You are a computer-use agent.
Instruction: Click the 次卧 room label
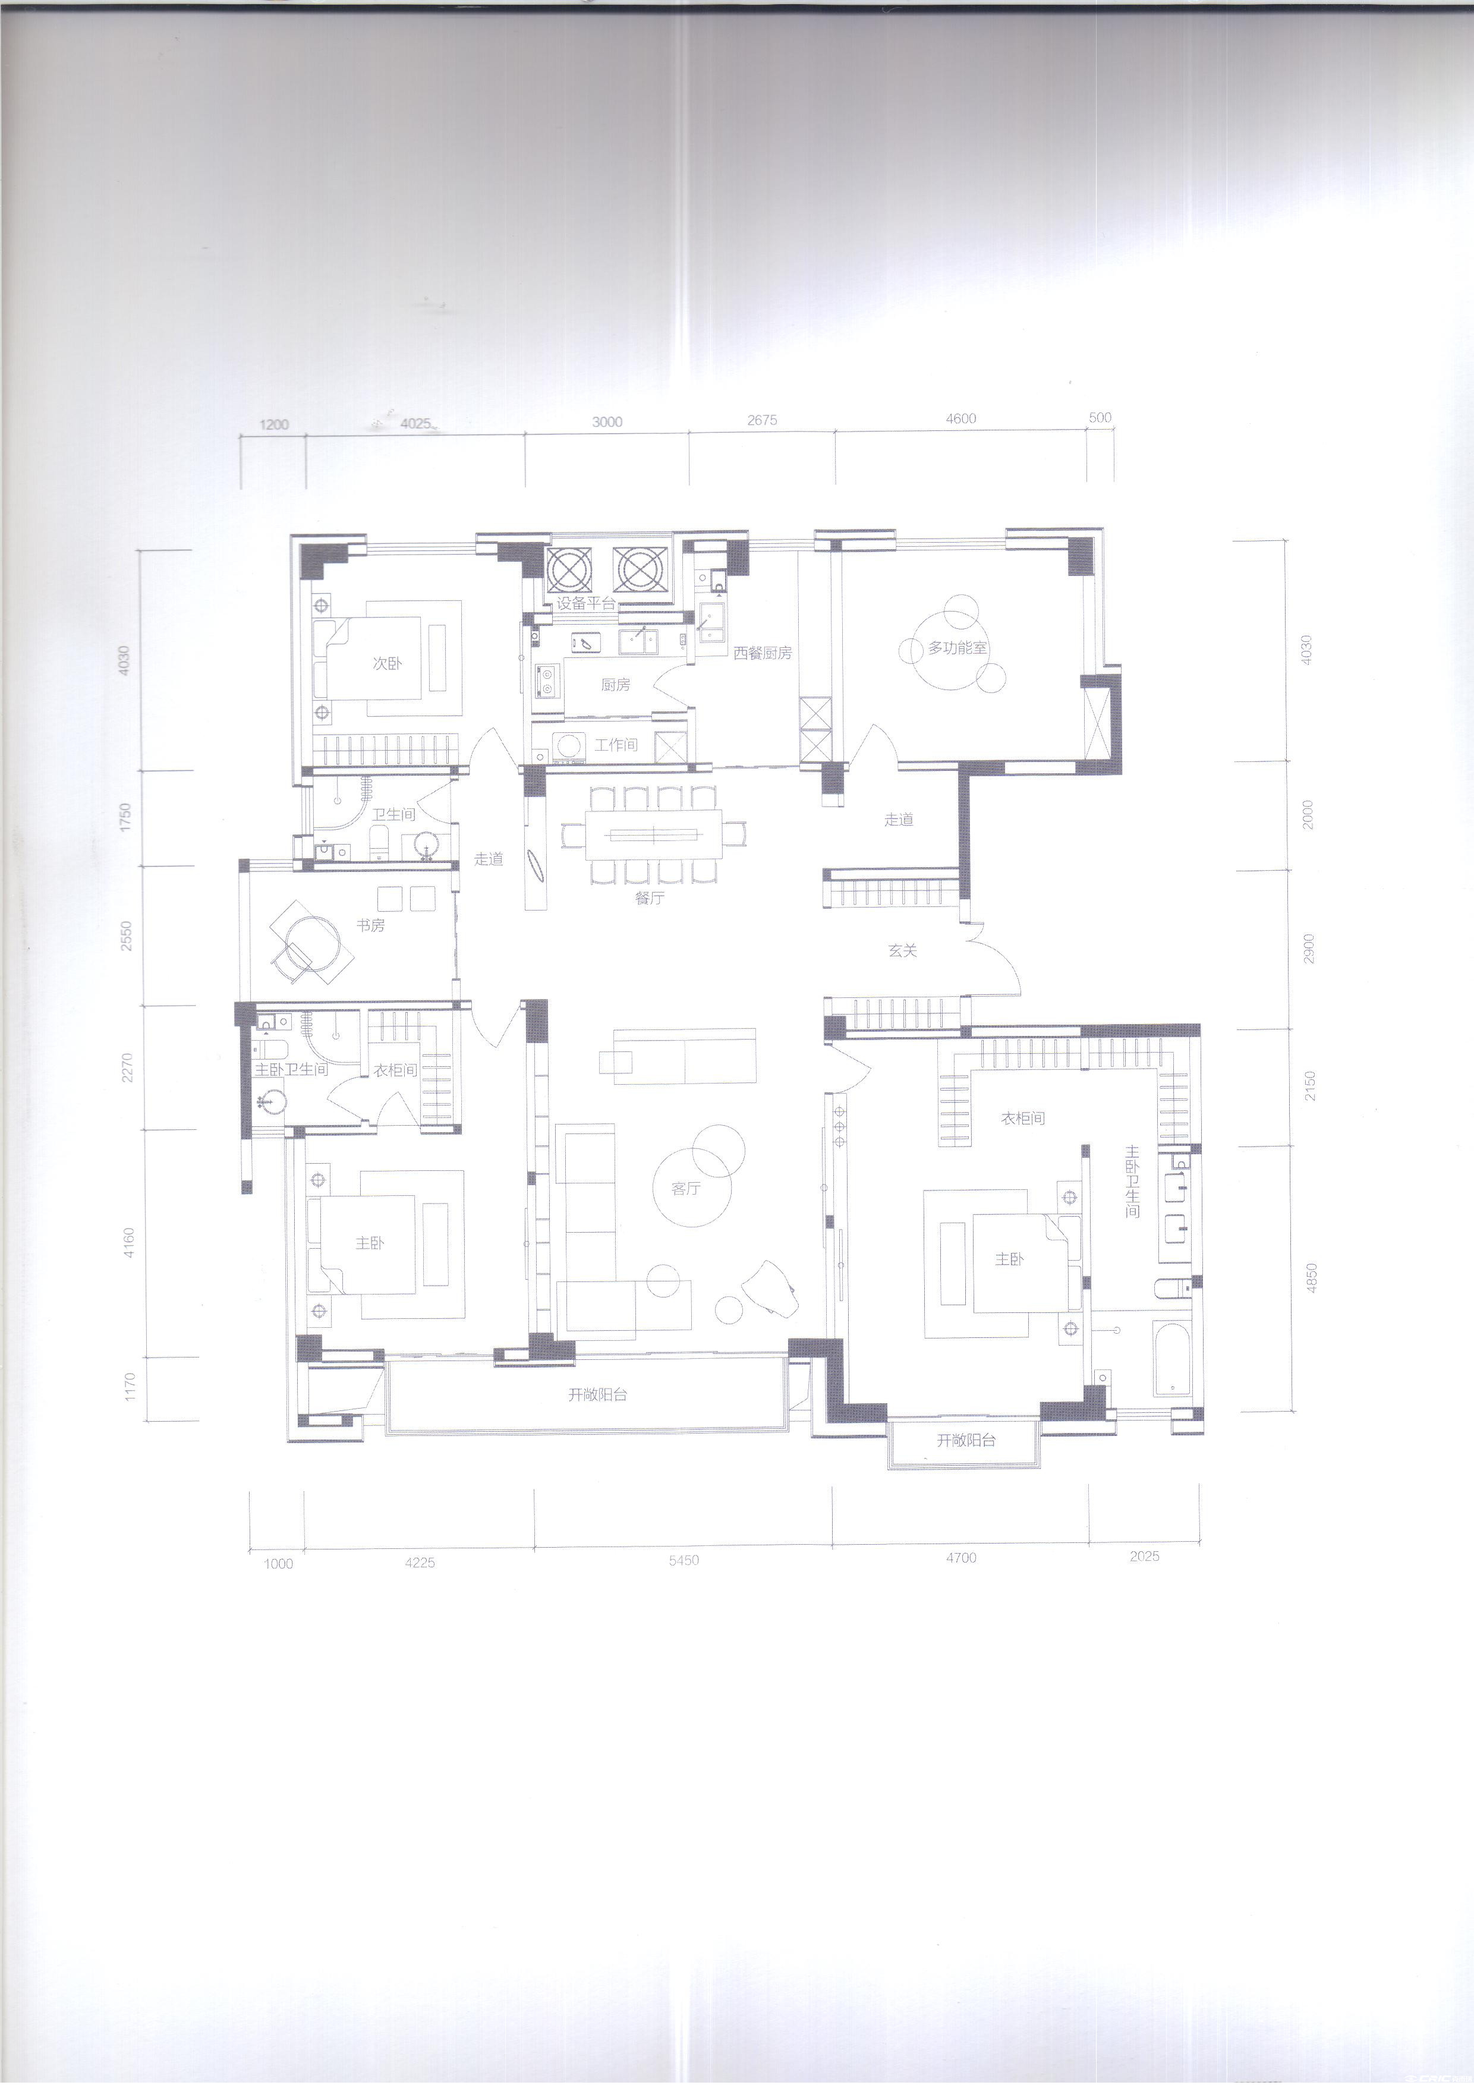coord(387,664)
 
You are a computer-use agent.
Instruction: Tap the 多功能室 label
coord(958,649)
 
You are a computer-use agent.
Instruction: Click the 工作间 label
coord(616,745)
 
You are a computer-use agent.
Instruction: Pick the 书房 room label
coord(370,926)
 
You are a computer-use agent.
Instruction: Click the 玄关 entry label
coord(903,951)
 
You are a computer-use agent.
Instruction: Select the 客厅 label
coord(686,1188)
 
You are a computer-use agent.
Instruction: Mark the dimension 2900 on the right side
coord(1309,948)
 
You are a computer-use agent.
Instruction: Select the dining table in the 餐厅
coord(654,834)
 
